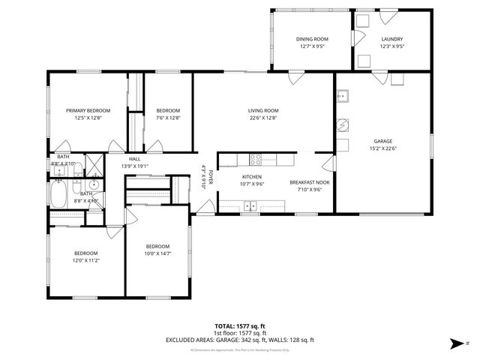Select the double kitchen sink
coord(251,205)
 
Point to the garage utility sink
coord(343,96)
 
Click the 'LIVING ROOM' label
coord(263,110)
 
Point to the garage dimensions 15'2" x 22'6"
coord(383,148)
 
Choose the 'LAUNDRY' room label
coord(391,39)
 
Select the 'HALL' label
coord(134,159)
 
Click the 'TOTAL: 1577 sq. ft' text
coord(240,326)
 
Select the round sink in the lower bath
coord(93,185)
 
